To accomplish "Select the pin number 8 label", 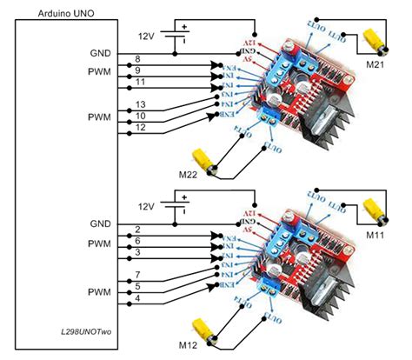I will click(x=137, y=58).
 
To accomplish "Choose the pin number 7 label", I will click(x=137, y=275).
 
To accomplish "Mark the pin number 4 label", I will click(x=137, y=297).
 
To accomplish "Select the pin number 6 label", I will click(x=137, y=240).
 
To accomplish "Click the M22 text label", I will click(x=189, y=176).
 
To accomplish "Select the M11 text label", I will click(x=376, y=234).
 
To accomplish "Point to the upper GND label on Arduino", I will click(x=100, y=52).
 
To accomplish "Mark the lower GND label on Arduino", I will click(x=100, y=223).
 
